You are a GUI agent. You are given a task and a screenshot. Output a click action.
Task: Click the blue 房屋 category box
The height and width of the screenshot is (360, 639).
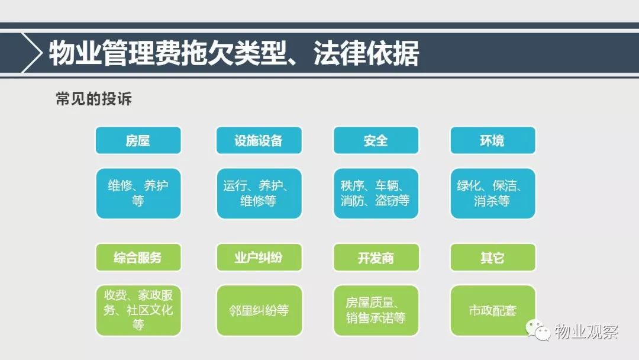[x=138, y=140]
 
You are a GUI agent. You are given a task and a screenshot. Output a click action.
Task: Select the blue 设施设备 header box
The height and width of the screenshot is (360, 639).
[x=259, y=140]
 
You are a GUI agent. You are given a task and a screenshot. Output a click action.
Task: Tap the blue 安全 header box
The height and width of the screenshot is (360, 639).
[x=376, y=140]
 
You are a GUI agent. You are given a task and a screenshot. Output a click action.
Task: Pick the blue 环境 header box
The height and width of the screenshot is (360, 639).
[x=493, y=140]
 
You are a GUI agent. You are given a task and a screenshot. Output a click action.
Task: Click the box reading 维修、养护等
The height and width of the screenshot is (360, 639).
[x=138, y=193]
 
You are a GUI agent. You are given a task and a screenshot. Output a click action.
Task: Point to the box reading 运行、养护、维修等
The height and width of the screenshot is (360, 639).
[x=259, y=193]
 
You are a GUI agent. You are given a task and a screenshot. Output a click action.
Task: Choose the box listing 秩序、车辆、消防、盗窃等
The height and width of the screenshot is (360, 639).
[x=376, y=193]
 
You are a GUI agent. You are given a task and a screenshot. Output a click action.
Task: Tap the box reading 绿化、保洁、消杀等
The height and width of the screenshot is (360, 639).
[x=493, y=193]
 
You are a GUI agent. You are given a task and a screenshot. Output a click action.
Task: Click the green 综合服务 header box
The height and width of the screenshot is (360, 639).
[x=138, y=257]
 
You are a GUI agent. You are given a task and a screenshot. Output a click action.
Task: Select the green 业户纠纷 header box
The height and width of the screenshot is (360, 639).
[x=259, y=257]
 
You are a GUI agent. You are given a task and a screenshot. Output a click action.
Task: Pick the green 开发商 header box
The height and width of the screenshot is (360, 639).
[x=376, y=257]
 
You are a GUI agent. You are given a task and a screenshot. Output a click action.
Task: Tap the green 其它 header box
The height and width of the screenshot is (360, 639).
[x=493, y=257]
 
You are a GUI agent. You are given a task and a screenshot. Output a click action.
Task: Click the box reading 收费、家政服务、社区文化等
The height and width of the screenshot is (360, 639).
[x=138, y=310]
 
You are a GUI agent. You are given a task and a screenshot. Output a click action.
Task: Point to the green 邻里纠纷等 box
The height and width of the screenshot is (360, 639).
[x=259, y=310]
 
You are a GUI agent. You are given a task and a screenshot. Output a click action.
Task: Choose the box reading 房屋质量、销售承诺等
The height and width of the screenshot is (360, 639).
[x=376, y=310]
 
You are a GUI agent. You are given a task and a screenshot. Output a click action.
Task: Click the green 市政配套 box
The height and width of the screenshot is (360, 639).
[x=493, y=310]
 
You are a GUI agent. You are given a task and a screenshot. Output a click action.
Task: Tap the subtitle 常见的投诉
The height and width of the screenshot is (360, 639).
[x=93, y=99]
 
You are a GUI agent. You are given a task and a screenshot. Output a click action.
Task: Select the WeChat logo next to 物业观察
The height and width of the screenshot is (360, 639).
[x=538, y=330]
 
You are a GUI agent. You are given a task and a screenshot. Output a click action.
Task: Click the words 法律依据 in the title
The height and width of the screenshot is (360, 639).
[x=366, y=53]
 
